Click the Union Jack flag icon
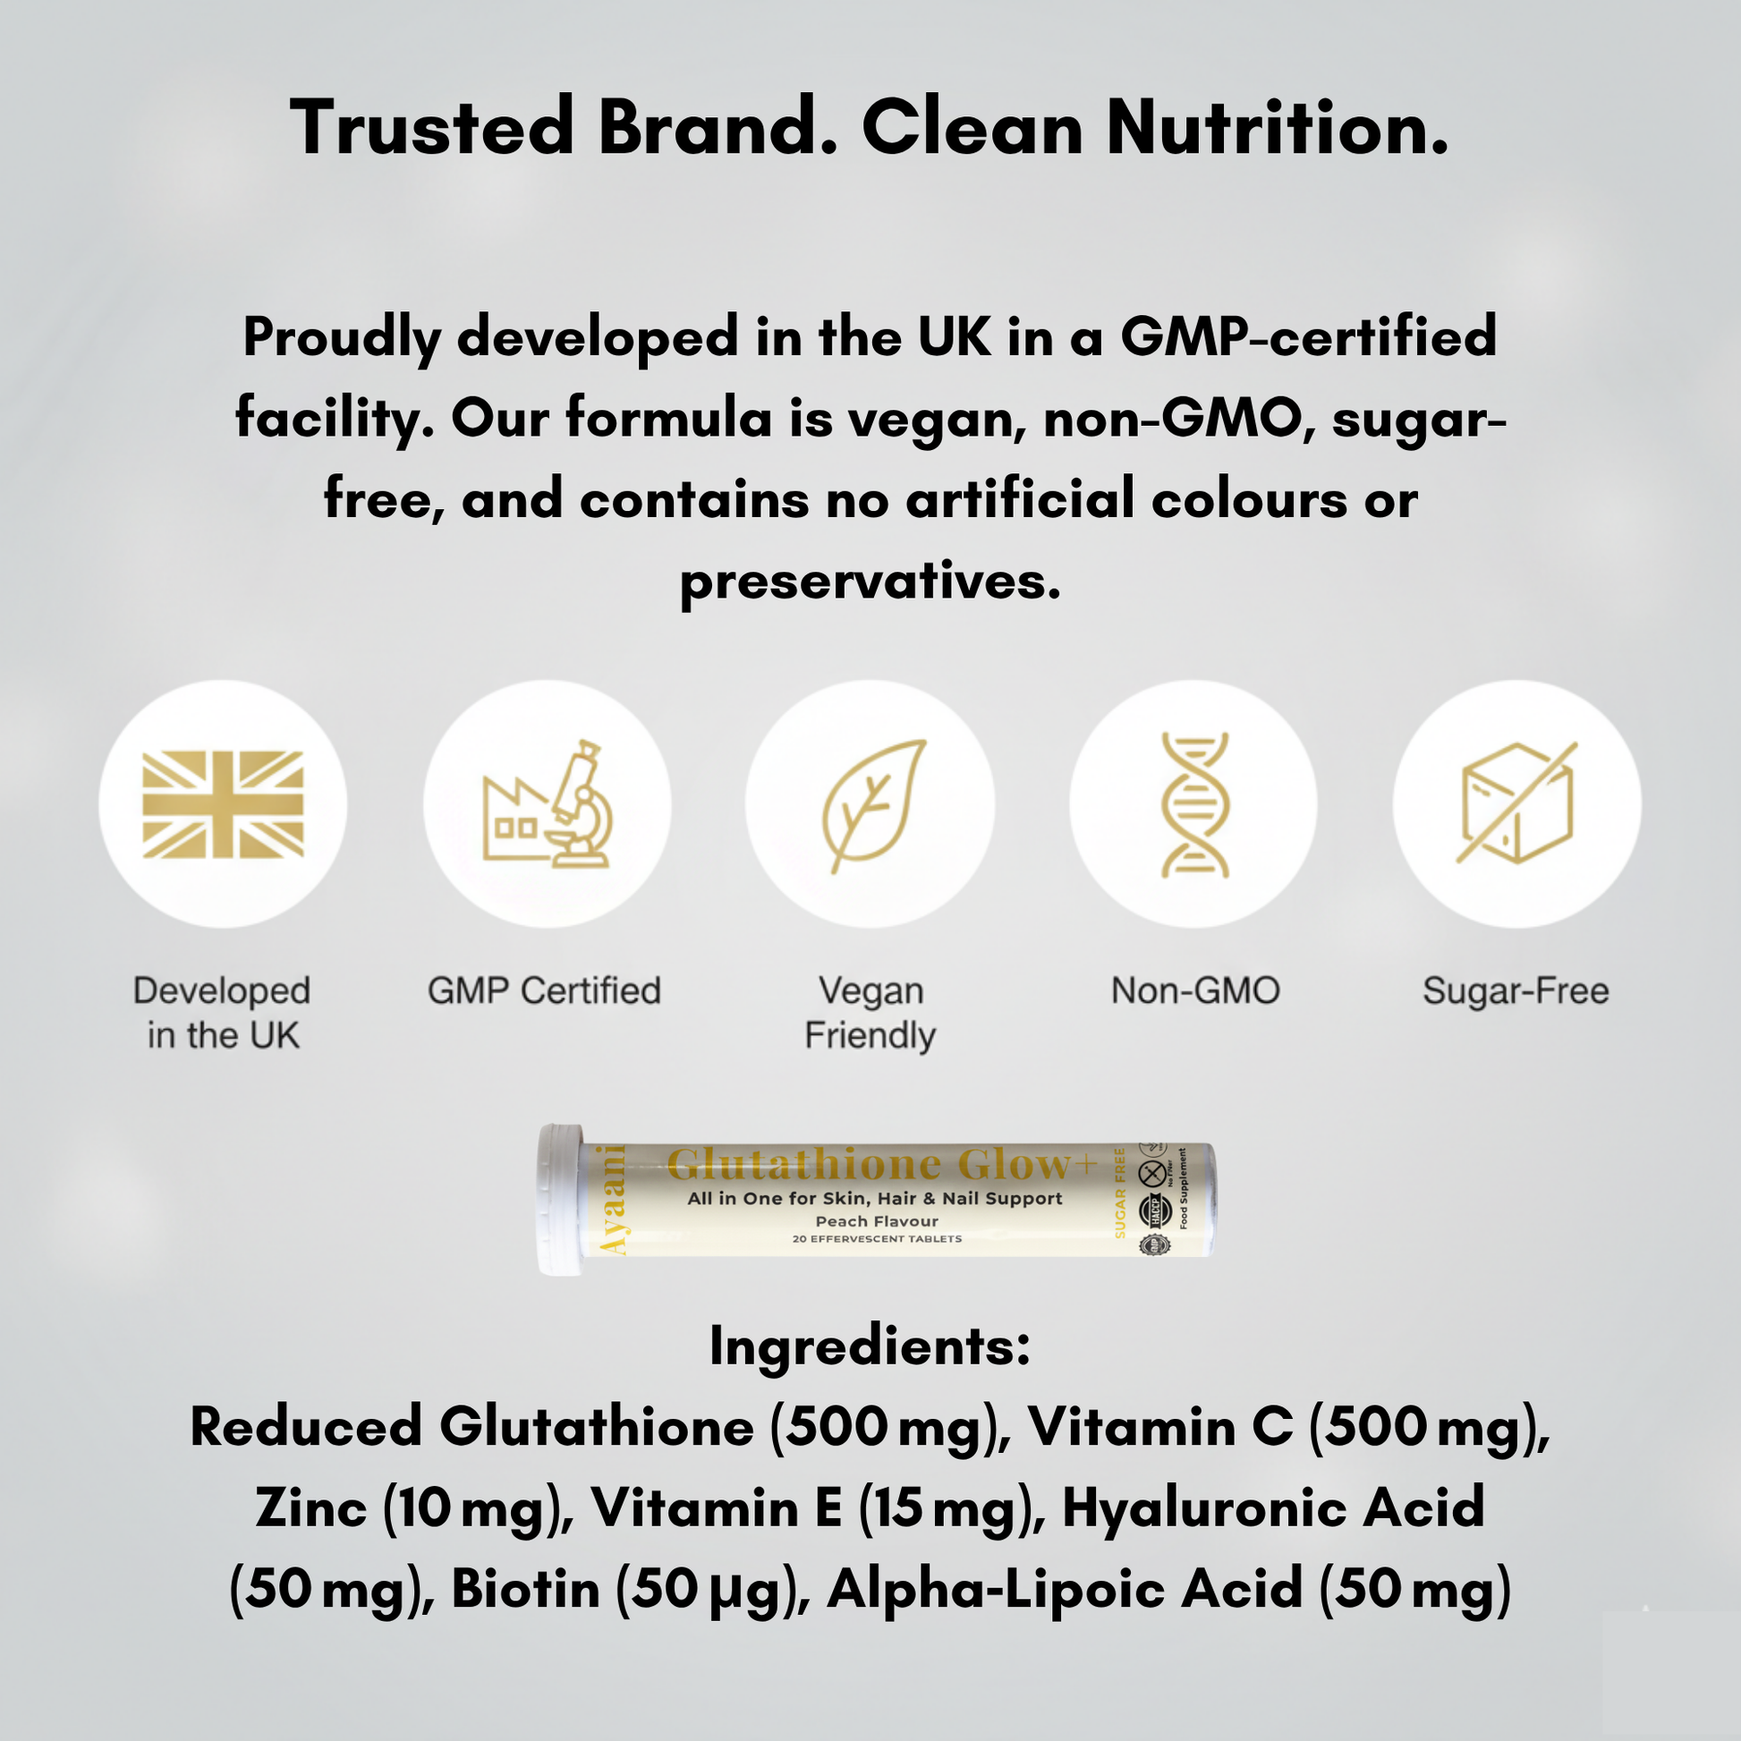[x=223, y=803]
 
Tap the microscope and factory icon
[x=547, y=803]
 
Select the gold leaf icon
[x=870, y=803]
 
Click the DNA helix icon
[x=1194, y=803]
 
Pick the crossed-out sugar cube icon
[x=1516, y=803]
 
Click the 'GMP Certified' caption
[x=544, y=991]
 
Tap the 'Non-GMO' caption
[x=1195, y=991]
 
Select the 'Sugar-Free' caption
[x=1516, y=991]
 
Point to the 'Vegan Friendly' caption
[x=870, y=1013]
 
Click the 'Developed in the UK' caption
[x=223, y=1013]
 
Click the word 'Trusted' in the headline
[x=431, y=128]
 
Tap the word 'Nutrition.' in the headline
[x=1277, y=128]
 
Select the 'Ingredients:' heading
[x=870, y=1347]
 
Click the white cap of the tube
[x=561, y=1200]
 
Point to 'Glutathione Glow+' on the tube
[x=881, y=1164]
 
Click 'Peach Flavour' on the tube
[x=877, y=1221]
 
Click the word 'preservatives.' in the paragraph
[x=870, y=582]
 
